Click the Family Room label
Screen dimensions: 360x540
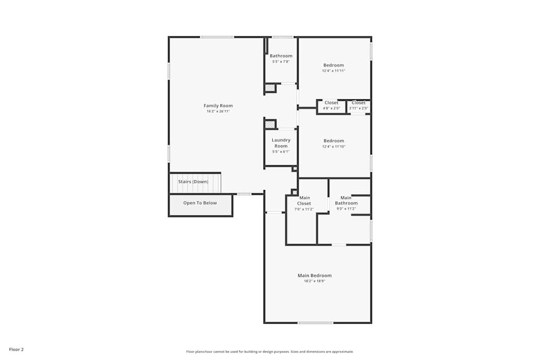218,106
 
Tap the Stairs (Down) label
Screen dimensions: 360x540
193,182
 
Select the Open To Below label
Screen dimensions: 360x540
200,203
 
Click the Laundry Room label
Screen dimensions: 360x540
281,143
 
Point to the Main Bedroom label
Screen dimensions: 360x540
314,275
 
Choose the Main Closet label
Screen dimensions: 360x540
304,200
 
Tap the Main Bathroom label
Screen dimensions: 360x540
346,200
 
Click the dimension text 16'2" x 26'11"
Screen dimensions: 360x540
218,112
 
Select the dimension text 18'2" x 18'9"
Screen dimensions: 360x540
314,281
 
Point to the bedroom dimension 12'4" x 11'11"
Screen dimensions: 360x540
334,71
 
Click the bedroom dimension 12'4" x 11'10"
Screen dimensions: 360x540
334,146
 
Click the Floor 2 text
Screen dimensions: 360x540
16,349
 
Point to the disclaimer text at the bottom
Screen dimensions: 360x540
270,351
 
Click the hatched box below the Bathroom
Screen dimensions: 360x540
270,88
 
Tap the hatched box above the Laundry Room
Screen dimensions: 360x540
270,125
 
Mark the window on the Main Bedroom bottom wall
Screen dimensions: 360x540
315,323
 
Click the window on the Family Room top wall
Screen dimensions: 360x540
217,37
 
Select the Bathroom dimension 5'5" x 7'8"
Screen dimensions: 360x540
281,62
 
